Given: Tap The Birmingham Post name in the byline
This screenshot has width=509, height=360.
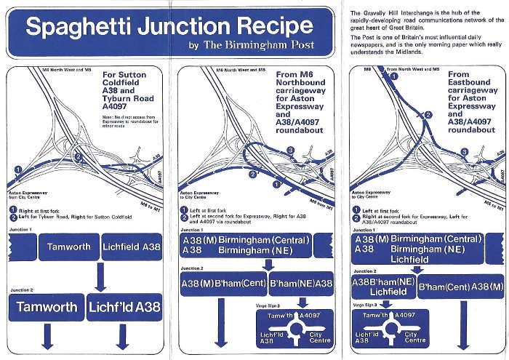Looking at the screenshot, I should [x=258, y=45].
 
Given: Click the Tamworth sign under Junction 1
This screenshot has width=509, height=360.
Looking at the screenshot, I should [x=69, y=247].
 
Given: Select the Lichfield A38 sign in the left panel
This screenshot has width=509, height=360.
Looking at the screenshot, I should [x=132, y=247].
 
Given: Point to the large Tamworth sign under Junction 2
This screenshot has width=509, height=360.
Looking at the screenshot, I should [x=46, y=307].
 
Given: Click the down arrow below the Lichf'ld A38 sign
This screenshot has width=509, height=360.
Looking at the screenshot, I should [x=122, y=335].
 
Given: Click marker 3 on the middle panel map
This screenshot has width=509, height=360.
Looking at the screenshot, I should [x=290, y=151].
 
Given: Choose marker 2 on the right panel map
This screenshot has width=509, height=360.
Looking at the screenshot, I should [x=428, y=115].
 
